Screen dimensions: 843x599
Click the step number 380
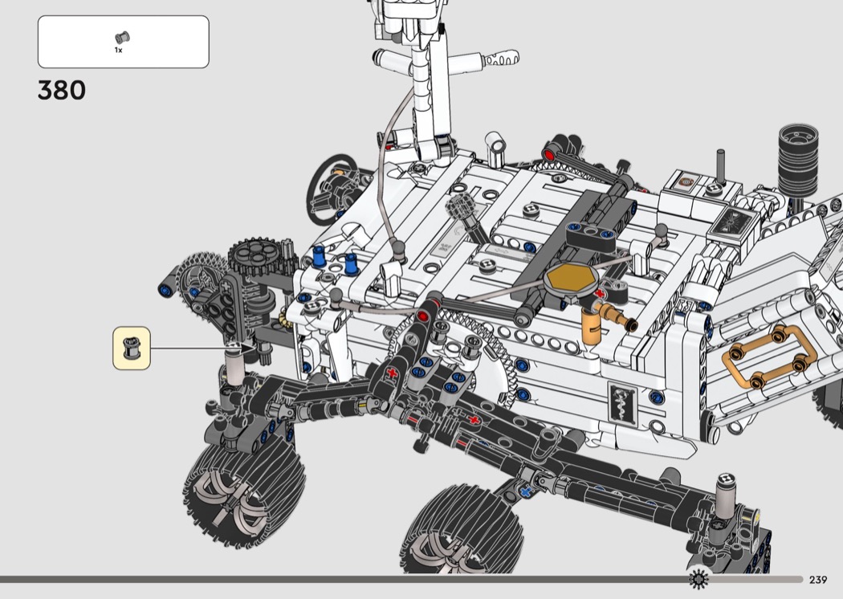pyautogui.click(x=62, y=91)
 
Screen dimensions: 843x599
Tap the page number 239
pyautogui.click(x=818, y=580)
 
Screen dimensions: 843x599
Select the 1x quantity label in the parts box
pyautogui.click(x=118, y=50)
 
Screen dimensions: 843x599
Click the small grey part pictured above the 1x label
pyautogui.click(x=122, y=38)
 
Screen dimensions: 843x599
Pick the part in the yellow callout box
pyautogui.click(x=131, y=348)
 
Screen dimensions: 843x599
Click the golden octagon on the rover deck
pyautogui.click(x=571, y=279)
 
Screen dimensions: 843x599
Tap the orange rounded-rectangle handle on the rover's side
pyautogui.click(x=770, y=357)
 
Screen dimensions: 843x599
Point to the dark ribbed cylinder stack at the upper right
pyautogui.click(x=798, y=160)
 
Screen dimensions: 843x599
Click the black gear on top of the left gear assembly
pyautogui.click(x=256, y=255)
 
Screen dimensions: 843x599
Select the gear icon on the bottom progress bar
pyautogui.click(x=698, y=579)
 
